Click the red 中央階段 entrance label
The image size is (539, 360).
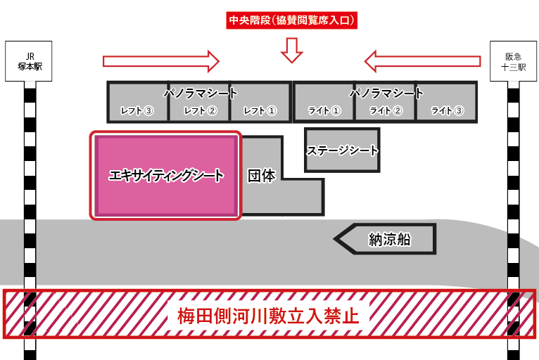291,20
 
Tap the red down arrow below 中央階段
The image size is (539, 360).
292,50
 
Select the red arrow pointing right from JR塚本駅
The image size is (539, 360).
161,61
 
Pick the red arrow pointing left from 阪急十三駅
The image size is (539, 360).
422,61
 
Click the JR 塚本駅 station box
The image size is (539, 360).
29,61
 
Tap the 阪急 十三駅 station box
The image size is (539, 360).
513,61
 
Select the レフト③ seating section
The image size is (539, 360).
137,102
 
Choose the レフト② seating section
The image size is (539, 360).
199,102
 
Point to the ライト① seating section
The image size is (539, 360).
324,102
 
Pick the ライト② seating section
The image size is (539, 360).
386,102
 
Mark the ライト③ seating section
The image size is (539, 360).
447,102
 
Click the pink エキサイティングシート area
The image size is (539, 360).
165,176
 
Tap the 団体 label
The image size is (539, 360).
262,176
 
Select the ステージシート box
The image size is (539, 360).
343,150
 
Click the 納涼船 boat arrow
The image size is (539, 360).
385,239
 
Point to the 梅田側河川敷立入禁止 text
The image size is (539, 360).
269,315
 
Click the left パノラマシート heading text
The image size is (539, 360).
201,93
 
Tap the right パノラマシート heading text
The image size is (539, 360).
386,93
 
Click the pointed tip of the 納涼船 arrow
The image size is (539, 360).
334,239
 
